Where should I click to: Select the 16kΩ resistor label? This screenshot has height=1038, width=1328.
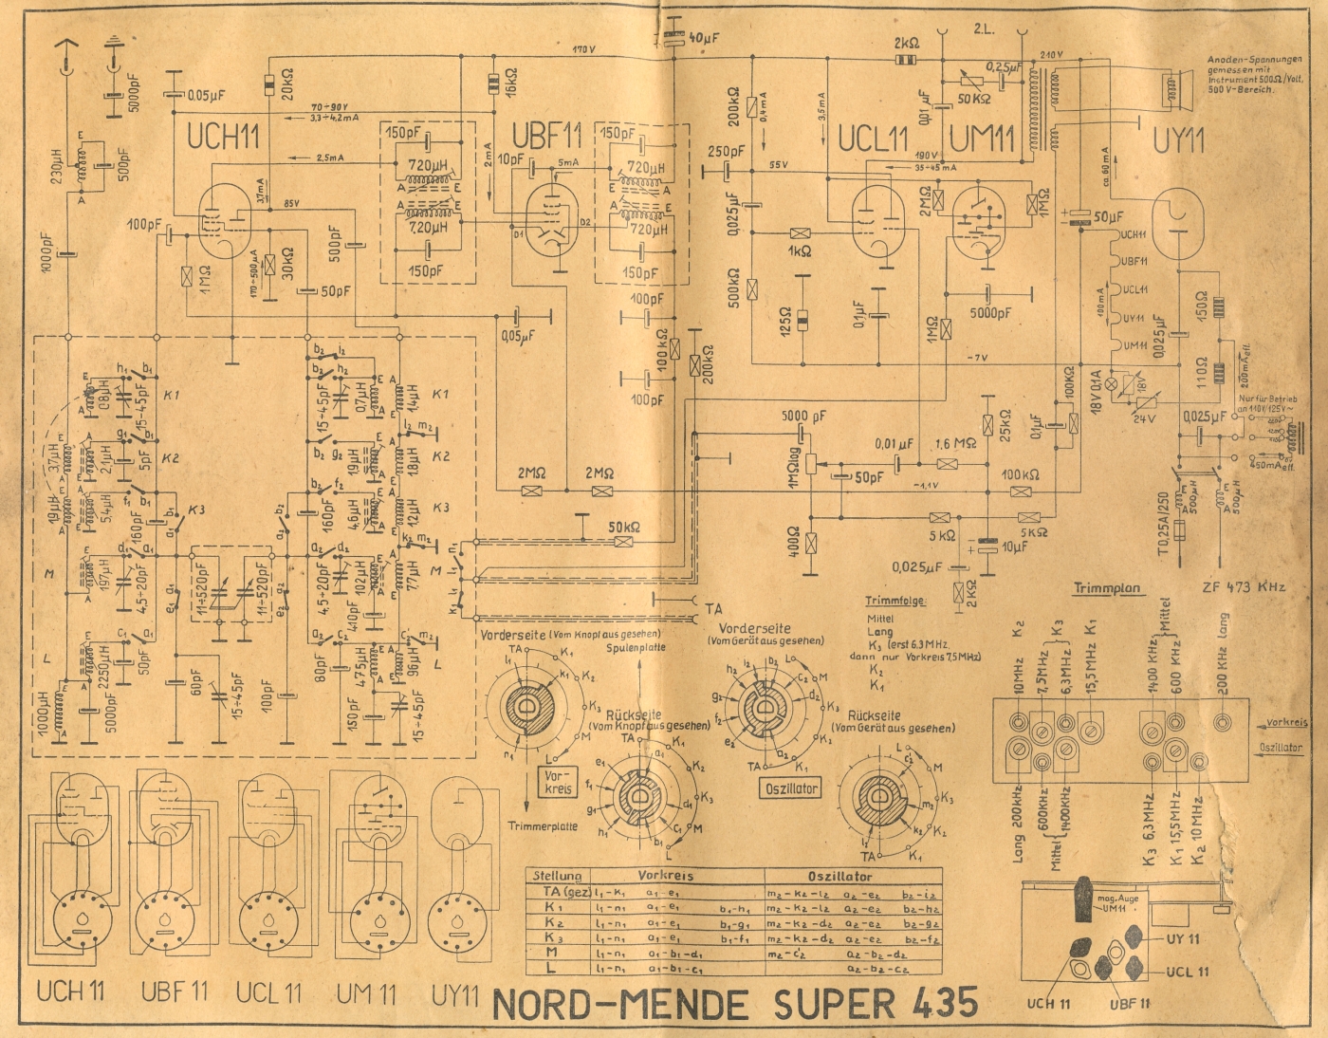[x=511, y=83]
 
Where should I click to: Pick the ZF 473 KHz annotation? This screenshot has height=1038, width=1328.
[x=1244, y=586]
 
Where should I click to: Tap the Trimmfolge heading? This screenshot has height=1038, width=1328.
[x=895, y=601]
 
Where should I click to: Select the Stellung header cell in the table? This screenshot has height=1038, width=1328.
[x=557, y=876]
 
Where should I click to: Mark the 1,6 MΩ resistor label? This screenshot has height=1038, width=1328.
[x=956, y=444]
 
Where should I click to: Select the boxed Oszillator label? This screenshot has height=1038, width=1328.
[x=790, y=788]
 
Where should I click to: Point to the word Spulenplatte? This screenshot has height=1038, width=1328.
[x=636, y=647]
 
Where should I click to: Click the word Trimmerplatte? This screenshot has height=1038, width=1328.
[x=544, y=825]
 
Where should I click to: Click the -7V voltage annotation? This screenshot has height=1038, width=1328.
[x=978, y=357]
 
